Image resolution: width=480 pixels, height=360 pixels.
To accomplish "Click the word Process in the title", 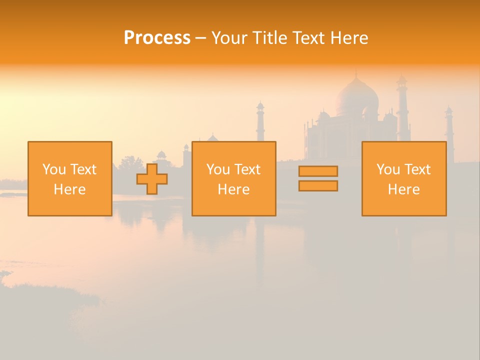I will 157,38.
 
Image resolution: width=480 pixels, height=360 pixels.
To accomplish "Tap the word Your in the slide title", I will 229,38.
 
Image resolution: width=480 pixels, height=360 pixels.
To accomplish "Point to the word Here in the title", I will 349,38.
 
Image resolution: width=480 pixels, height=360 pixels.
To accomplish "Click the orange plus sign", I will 152,179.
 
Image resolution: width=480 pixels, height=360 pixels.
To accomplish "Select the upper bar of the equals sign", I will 318,171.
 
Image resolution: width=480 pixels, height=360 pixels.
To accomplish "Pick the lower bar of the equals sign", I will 318,185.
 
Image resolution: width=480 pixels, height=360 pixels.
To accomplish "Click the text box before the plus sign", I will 69,178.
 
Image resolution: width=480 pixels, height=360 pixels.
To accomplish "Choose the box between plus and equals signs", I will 233,178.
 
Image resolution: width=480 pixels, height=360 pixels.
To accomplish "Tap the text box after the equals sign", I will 403,178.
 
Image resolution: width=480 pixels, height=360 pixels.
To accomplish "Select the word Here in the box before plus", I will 69,189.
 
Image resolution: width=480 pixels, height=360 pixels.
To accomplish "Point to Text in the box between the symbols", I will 247,169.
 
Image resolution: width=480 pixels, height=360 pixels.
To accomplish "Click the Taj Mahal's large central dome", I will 356,97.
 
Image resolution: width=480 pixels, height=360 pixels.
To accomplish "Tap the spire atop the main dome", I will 356,75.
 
